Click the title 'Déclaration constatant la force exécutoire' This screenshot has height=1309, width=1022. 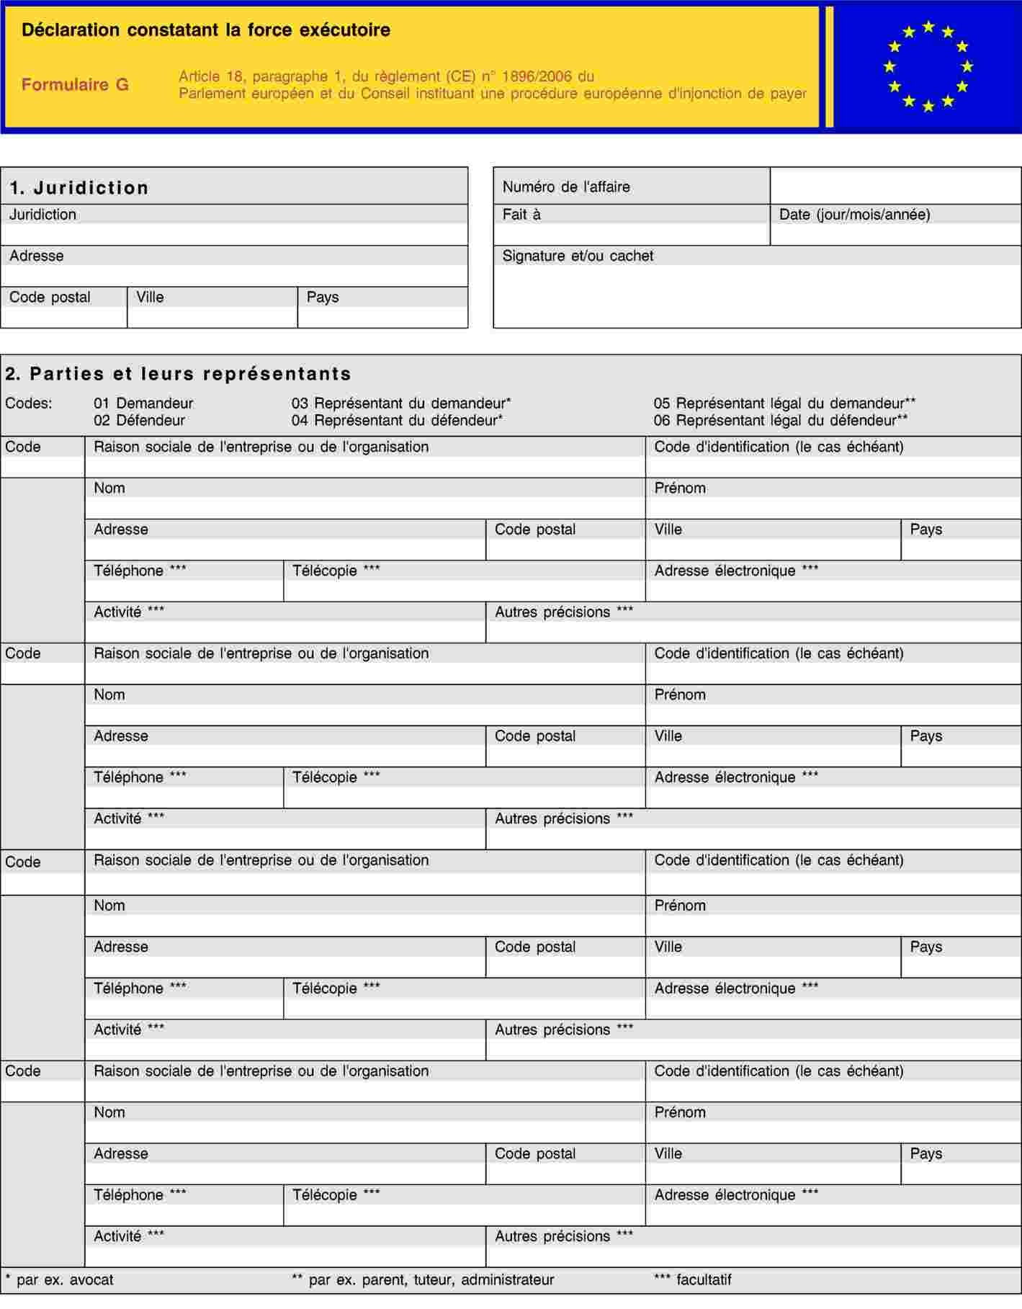pos(205,30)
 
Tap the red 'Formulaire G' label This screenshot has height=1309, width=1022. pos(75,85)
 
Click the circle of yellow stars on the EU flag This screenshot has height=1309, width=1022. pos(928,66)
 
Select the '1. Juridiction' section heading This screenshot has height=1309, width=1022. pos(79,188)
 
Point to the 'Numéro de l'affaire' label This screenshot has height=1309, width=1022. pos(566,187)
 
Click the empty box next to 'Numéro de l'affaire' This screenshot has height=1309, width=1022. pos(895,186)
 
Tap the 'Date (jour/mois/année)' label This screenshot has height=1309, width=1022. pos(854,215)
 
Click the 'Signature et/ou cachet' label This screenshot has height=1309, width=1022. pos(578,256)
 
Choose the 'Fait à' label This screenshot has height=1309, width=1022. pos(521,215)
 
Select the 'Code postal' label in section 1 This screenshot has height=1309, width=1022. pos(50,298)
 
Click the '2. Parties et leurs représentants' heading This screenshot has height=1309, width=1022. pos(179,374)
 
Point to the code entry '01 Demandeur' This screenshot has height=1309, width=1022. pos(143,403)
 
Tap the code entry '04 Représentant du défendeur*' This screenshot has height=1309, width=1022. pos(397,421)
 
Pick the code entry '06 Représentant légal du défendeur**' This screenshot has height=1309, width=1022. pos(780,421)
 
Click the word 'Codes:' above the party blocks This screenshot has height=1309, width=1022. pos(29,403)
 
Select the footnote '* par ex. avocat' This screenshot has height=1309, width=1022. pos(59,1279)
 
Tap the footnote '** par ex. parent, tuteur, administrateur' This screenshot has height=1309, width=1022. pos(423,1279)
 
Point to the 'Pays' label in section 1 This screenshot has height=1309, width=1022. pos(323,298)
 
